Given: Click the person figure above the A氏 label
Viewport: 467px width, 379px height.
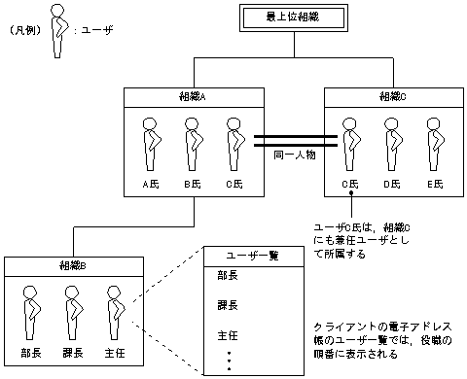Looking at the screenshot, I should pyautogui.click(x=151, y=144).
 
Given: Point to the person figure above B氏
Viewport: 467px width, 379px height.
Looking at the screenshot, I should pyautogui.click(x=192, y=144).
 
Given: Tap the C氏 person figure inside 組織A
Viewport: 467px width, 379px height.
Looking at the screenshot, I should pyautogui.click(x=233, y=144).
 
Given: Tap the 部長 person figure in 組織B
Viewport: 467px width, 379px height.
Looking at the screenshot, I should pyautogui.click(x=31, y=309).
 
